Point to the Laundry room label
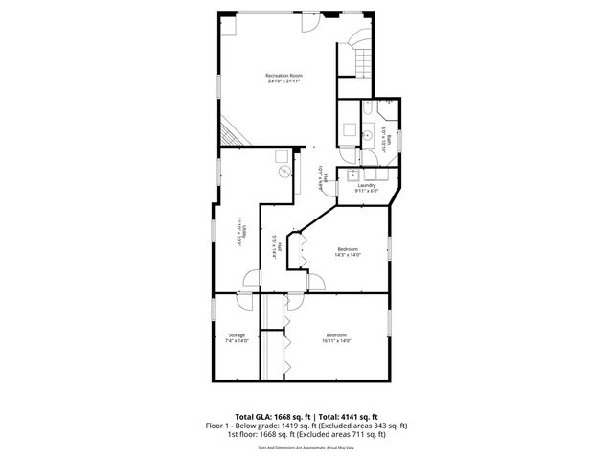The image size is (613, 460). [367, 185]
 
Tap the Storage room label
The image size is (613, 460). [236, 334]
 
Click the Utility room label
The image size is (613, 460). [242, 230]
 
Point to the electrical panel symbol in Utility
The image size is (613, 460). [284, 172]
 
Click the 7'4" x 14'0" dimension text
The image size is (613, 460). [236, 341]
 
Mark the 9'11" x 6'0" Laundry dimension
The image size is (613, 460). [367, 191]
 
